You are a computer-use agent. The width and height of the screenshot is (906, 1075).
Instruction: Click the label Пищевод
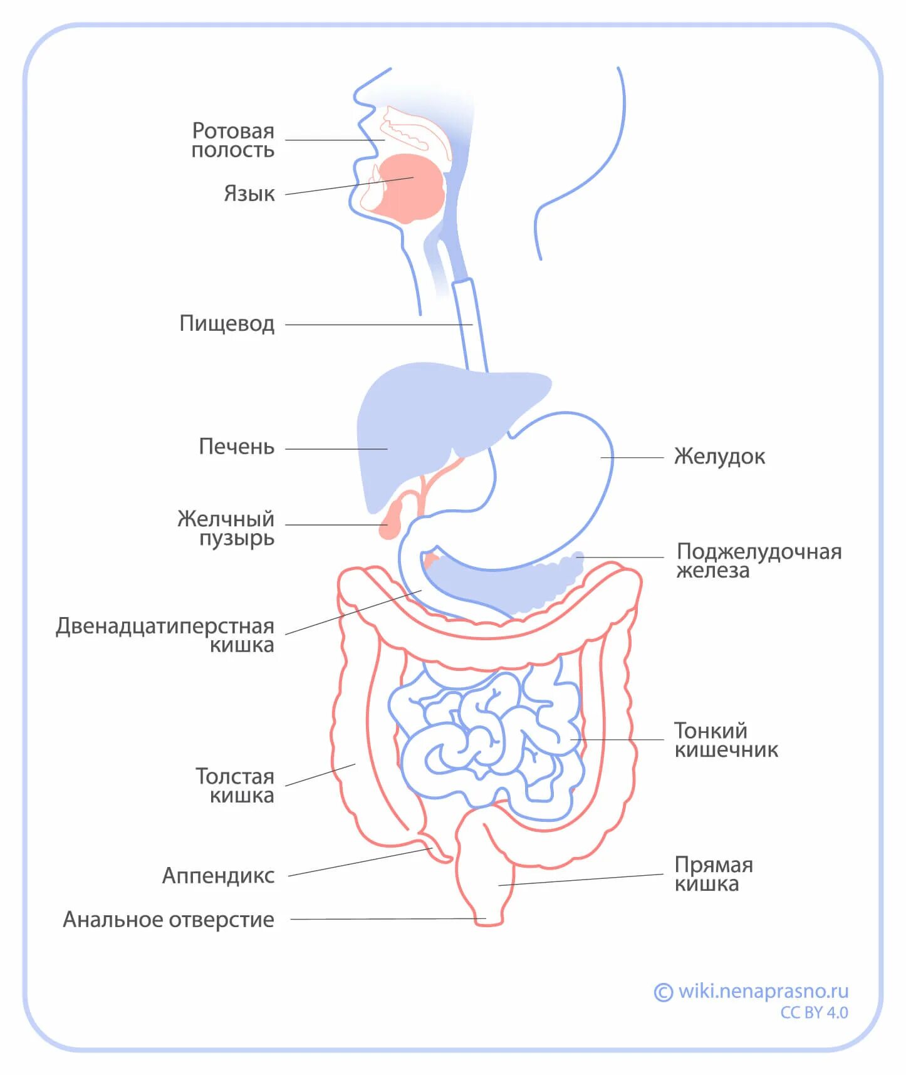227,324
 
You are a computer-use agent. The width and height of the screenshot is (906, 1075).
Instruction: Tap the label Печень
236,447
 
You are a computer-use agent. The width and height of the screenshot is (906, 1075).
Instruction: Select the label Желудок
719,457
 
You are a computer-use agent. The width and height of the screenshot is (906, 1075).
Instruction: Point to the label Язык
249,194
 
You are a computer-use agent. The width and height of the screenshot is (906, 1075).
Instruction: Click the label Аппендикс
218,875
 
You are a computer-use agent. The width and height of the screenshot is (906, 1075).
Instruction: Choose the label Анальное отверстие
169,919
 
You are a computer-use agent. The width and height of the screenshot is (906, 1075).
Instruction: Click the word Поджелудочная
759,552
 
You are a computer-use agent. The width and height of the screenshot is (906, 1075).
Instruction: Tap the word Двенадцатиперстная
165,626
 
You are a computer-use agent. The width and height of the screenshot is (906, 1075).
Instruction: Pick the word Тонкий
711,730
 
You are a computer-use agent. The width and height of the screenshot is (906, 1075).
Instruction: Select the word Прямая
713,865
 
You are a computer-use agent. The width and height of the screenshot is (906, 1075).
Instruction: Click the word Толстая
235,776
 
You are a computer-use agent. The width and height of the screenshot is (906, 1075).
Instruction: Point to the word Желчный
226,519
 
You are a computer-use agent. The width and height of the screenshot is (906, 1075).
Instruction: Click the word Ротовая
233,131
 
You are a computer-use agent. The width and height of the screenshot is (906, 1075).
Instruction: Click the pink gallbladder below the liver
391,520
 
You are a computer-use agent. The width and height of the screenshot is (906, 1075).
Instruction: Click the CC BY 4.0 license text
814,1012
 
